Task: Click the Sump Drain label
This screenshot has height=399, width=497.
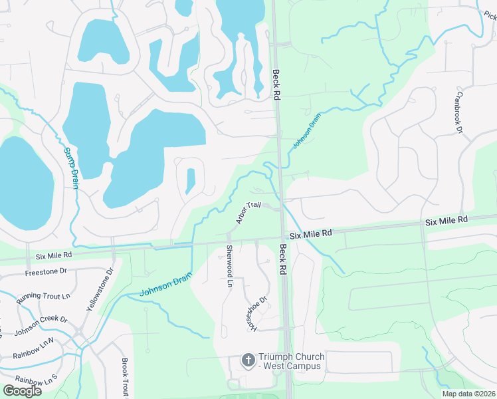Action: (71, 168)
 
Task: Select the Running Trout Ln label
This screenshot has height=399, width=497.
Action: (43, 296)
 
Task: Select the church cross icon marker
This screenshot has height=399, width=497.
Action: (248, 360)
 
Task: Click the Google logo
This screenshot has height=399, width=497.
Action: (22, 390)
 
